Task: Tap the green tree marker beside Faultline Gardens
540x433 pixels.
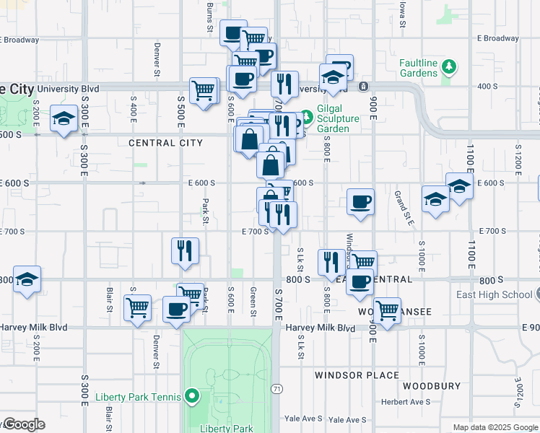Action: click(x=449, y=67)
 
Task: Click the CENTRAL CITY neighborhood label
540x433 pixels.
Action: click(x=165, y=143)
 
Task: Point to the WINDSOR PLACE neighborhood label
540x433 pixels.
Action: click(x=357, y=375)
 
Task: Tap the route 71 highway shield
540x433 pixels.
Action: click(x=276, y=389)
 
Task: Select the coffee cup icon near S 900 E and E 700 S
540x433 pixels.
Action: click(x=360, y=201)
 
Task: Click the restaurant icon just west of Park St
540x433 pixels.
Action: click(x=186, y=250)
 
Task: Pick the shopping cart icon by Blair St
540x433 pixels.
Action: click(x=137, y=307)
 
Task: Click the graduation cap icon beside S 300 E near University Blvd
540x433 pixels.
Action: click(x=64, y=118)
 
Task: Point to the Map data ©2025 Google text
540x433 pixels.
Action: click(x=495, y=427)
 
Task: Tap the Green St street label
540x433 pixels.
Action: click(x=253, y=302)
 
